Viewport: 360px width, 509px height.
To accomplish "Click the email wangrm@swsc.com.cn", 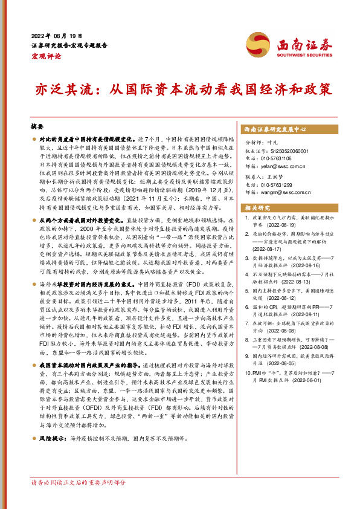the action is (284, 192).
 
